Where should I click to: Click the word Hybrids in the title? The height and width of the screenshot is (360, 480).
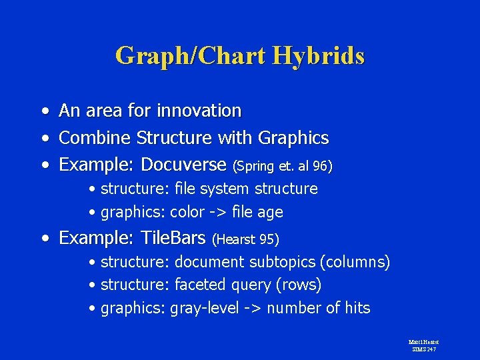pos(318,56)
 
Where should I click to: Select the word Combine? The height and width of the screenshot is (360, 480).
pos(95,138)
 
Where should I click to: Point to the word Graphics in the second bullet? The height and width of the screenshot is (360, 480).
pos(293,138)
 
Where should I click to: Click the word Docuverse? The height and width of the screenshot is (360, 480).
pos(185,164)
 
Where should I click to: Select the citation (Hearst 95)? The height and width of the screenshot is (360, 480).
pos(245,239)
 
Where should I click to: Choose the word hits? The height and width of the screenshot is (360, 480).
pos(357,308)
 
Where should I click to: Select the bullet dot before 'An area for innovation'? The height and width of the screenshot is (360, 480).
pos(43,111)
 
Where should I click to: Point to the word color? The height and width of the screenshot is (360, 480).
pos(188,213)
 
